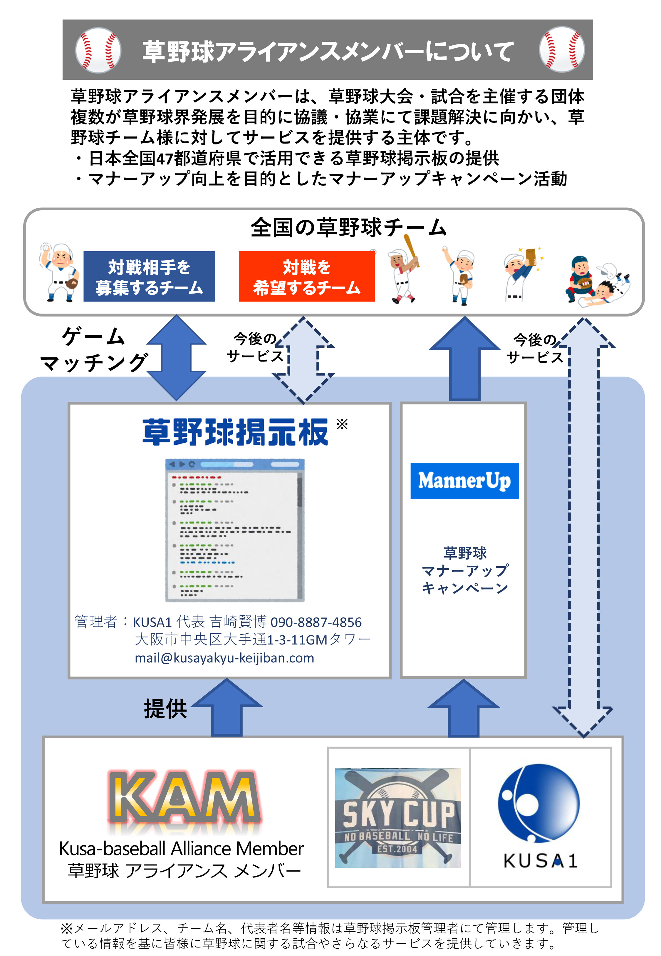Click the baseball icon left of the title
[x=98, y=50]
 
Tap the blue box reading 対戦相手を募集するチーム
[x=149, y=277]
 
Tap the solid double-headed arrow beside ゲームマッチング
[x=177, y=357]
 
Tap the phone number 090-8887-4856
[x=316, y=622]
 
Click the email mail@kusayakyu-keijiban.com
[x=224, y=658]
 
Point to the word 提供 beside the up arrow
[x=165, y=709]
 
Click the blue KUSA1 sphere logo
[x=539, y=803]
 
